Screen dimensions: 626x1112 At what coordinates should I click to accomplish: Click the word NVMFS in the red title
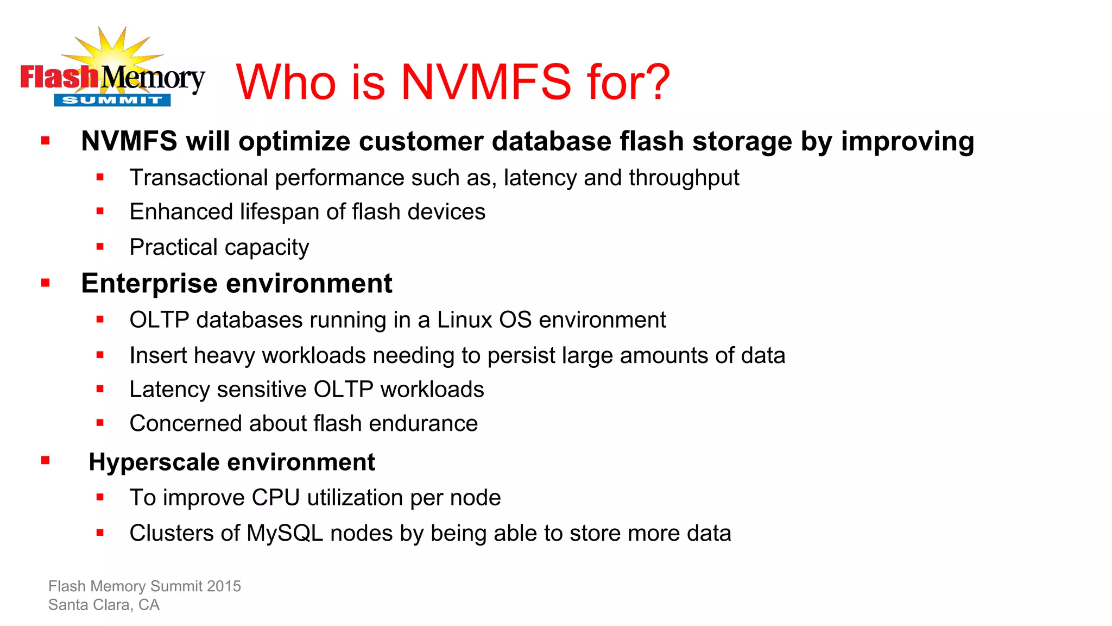point(486,82)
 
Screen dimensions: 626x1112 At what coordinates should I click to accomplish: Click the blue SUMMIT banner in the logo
point(112,100)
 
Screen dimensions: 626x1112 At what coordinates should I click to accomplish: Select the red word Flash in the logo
point(59,77)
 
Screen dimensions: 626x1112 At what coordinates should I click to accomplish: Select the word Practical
point(173,247)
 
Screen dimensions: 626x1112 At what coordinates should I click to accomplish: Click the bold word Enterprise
point(149,284)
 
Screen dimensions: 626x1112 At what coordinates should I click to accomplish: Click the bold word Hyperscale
point(154,462)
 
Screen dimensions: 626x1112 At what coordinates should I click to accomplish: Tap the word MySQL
point(285,533)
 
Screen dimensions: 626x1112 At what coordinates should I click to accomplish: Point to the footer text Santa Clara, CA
point(104,605)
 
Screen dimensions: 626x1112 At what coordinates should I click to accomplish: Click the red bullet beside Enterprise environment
point(46,283)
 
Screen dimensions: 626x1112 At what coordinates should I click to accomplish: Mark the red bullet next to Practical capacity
point(100,247)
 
